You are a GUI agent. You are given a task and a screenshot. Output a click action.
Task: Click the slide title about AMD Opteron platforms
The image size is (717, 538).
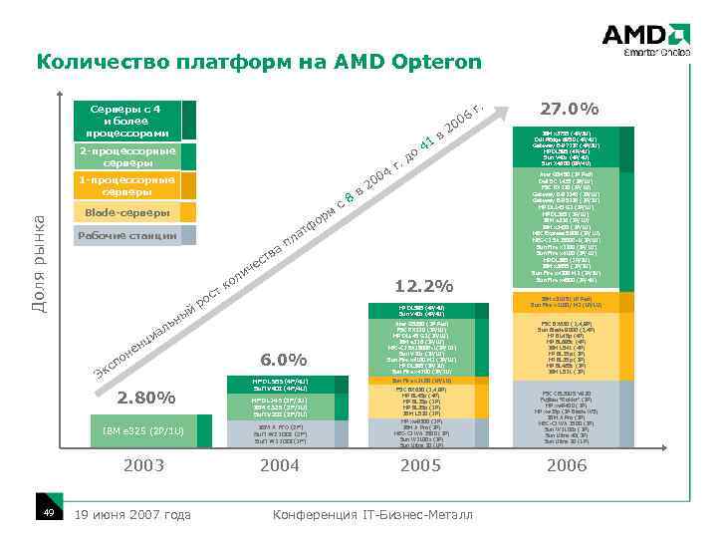[258, 63]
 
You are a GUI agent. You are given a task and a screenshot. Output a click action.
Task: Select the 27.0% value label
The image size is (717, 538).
[568, 109]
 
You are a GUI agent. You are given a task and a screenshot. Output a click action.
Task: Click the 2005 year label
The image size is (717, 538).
[423, 464]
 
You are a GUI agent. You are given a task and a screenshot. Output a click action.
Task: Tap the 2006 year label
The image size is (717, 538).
[568, 464]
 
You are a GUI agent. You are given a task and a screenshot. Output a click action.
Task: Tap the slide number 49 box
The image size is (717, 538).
[48, 512]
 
